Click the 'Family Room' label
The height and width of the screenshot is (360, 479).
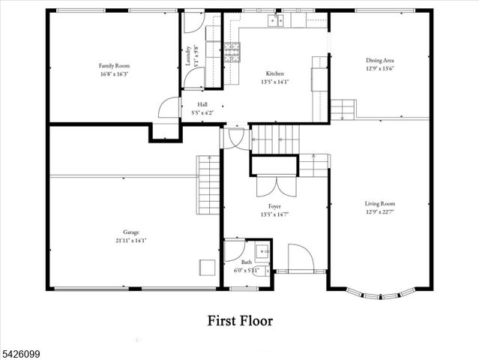(x=115, y=66)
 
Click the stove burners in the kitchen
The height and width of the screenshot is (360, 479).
(x=233, y=50)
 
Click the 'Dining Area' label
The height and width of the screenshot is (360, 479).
(x=379, y=60)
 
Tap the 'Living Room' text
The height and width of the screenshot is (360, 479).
(x=379, y=203)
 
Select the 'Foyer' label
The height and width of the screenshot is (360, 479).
(x=274, y=205)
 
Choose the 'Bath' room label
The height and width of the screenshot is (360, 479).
(x=246, y=262)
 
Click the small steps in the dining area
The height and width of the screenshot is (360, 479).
(x=343, y=109)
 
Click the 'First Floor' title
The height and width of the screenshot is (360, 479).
(x=240, y=321)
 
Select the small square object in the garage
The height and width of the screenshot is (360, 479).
(x=205, y=267)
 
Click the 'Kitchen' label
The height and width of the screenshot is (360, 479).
(x=275, y=73)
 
